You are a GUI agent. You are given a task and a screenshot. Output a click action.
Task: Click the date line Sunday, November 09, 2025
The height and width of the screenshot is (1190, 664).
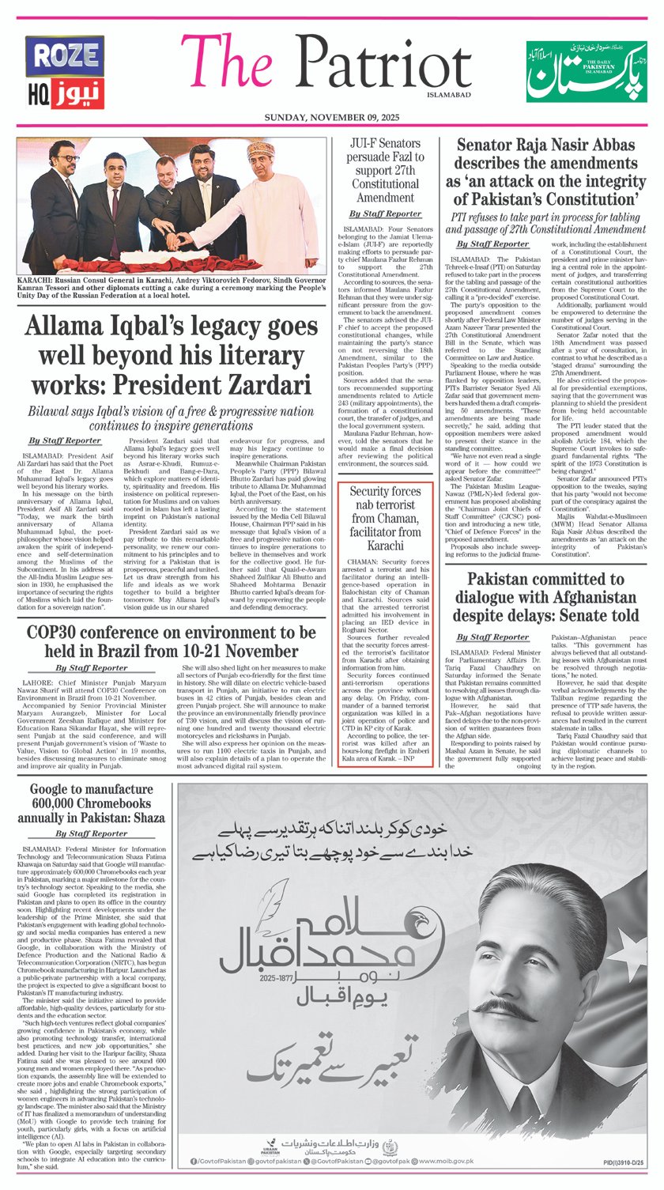[332, 118]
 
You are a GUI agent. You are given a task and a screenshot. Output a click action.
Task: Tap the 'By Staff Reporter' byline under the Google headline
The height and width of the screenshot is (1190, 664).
[91, 833]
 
